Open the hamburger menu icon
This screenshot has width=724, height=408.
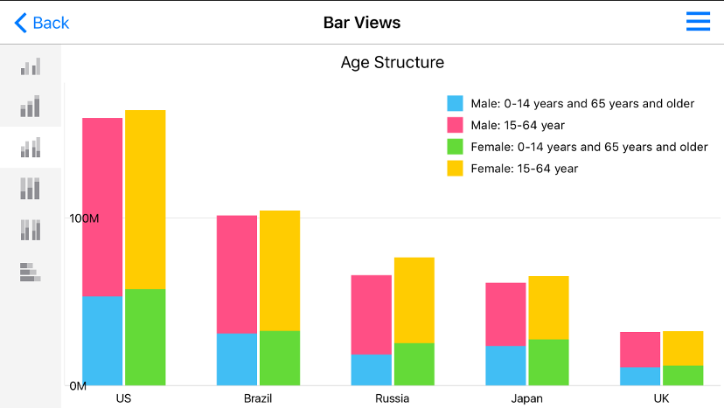[x=698, y=22]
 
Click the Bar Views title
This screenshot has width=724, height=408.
[x=362, y=23]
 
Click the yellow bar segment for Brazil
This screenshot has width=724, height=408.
[x=280, y=270]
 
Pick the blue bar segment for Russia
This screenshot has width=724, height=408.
[x=371, y=370]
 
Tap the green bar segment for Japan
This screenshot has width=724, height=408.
[x=548, y=362]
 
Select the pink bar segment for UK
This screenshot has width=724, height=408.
[x=640, y=349]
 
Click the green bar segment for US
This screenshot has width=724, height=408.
[x=145, y=337]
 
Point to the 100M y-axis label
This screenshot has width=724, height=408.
[x=84, y=218]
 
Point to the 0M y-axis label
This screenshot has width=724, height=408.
[x=78, y=385]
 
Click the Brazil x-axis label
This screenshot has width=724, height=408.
[x=258, y=398]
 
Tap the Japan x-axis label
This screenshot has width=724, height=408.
[x=527, y=398]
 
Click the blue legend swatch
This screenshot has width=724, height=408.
[x=455, y=104]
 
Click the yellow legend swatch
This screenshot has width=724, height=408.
[x=455, y=169]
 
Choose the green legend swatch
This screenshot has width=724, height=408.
[x=455, y=147]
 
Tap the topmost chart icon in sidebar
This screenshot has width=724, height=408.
[x=31, y=67]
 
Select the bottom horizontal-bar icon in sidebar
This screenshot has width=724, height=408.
[x=31, y=272]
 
